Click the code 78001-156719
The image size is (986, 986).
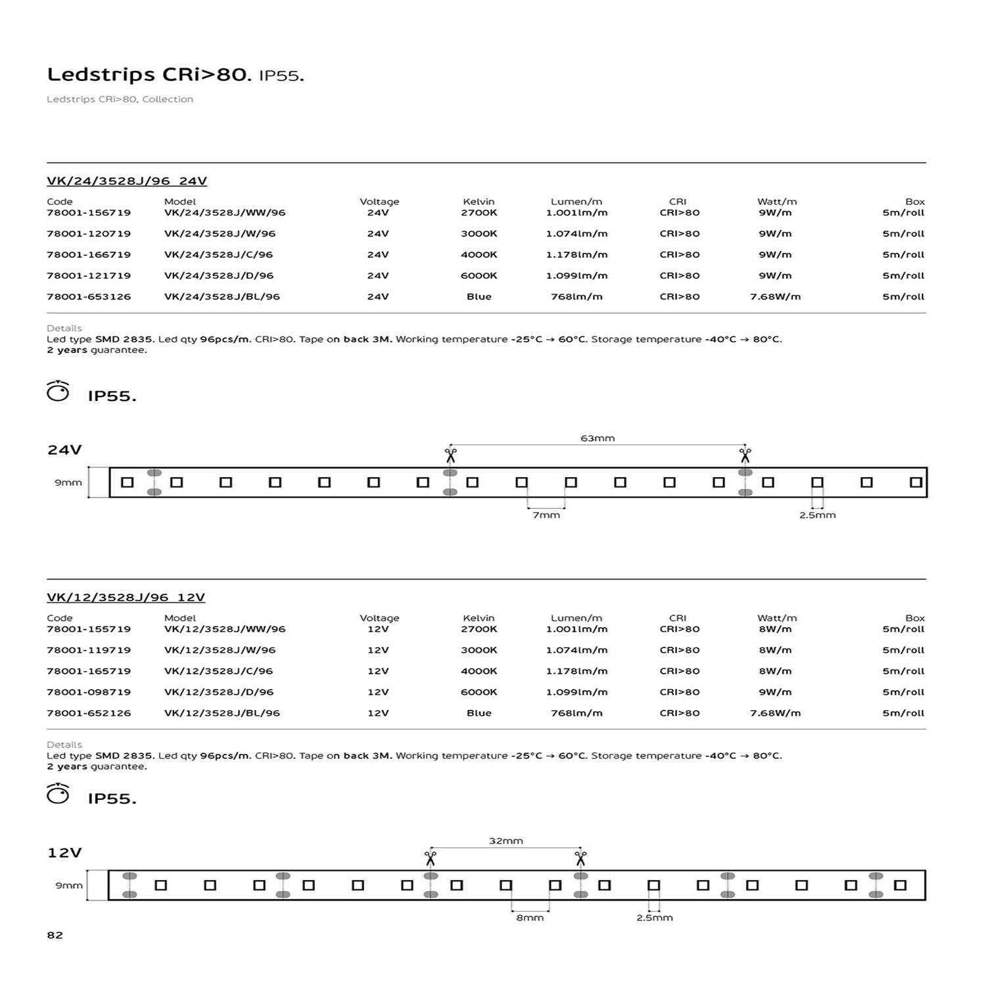(x=89, y=213)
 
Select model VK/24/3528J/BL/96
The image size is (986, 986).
(x=222, y=296)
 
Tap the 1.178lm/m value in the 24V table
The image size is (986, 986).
(x=576, y=254)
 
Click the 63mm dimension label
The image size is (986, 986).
(x=598, y=438)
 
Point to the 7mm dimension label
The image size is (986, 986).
(x=546, y=515)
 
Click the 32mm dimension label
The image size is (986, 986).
(x=505, y=841)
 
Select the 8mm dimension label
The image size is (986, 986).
(x=530, y=918)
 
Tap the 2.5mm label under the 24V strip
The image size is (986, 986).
(x=817, y=515)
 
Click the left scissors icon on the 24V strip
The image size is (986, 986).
(x=450, y=455)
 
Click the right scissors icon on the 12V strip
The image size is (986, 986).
(x=580, y=858)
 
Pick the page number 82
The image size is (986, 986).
(x=55, y=935)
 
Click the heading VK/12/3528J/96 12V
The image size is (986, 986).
(x=126, y=598)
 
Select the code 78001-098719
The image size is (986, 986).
(x=89, y=692)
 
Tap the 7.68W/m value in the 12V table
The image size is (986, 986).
(x=775, y=713)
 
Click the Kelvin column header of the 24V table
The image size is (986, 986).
(x=479, y=202)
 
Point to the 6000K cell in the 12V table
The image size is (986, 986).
(x=479, y=692)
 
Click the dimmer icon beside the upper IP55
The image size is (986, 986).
(x=58, y=392)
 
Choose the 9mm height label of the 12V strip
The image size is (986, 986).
(x=68, y=885)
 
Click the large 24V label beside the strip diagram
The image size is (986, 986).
(x=64, y=450)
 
